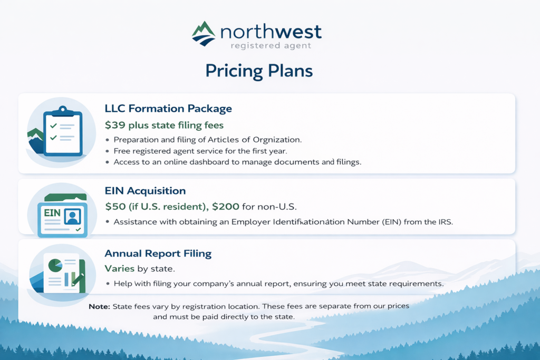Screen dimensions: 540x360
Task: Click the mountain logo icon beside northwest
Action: tap(204, 34)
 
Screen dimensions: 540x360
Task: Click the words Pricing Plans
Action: tap(259, 71)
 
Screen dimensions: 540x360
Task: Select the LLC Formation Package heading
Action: tap(168, 109)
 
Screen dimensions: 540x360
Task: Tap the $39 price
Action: tap(115, 125)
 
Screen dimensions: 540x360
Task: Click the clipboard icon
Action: tap(63, 131)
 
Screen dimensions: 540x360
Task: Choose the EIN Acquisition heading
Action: tap(145, 191)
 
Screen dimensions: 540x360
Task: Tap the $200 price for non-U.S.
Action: tap(226, 207)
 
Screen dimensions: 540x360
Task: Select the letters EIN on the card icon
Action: tap(52, 213)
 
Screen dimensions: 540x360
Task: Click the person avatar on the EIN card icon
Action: tap(72, 217)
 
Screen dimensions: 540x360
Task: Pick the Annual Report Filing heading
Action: tap(158, 254)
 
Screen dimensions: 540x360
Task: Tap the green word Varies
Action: tap(120, 268)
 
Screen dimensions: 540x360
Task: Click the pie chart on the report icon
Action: tap(55, 265)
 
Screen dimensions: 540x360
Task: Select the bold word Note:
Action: tap(99, 306)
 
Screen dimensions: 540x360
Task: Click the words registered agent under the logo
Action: tap(271, 46)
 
